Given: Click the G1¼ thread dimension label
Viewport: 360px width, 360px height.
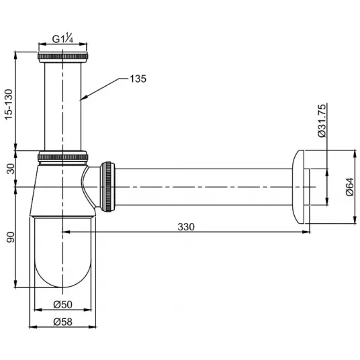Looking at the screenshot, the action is pos(62,38).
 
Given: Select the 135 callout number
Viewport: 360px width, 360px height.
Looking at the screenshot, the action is pos(138,79).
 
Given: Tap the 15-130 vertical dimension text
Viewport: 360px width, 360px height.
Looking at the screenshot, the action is pos(9,104).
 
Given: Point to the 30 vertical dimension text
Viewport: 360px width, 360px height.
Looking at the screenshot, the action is pos(10,169).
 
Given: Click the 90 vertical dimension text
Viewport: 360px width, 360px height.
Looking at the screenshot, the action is pos(10,237).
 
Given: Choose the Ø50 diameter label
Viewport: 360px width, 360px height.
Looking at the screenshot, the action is pos(62,304).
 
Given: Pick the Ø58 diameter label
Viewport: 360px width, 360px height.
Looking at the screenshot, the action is pos(62,322).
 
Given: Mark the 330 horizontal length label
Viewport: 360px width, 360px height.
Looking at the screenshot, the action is pos(186,227).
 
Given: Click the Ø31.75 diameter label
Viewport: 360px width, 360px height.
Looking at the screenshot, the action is pos(322,121).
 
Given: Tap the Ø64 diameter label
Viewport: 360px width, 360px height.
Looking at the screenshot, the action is pos(350,187).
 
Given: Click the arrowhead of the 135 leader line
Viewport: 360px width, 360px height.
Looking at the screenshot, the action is pos(82,99).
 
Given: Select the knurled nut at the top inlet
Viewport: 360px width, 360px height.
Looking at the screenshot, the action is pos(62,57).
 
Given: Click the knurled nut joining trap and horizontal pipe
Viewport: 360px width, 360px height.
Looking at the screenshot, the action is pos(107,187).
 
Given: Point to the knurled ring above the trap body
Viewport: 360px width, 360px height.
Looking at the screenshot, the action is pos(62,157).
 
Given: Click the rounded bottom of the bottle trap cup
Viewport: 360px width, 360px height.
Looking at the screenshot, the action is pos(62,275).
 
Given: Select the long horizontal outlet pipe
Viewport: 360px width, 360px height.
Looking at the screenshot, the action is pos(204,187).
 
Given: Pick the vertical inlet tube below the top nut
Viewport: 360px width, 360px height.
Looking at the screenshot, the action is pos(62,107).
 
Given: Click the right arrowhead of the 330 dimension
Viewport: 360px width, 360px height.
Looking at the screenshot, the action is pos(306,232).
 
